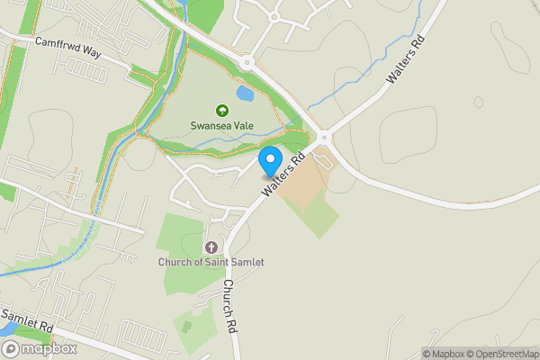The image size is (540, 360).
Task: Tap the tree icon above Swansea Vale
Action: [x=221, y=112]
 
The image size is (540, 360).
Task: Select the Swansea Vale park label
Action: [x=221, y=127]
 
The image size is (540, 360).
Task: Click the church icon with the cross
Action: [x=211, y=247]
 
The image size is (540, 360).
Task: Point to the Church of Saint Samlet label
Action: [x=211, y=262]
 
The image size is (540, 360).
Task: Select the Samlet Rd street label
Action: [x=28, y=319]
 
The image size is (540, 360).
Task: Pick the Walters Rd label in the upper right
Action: [x=404, y=62]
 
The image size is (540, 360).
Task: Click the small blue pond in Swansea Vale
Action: [x=244, y=94]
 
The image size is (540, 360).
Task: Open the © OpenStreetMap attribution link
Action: [x=503, y=354]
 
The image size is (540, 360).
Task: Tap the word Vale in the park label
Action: [x=242, y=127]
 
